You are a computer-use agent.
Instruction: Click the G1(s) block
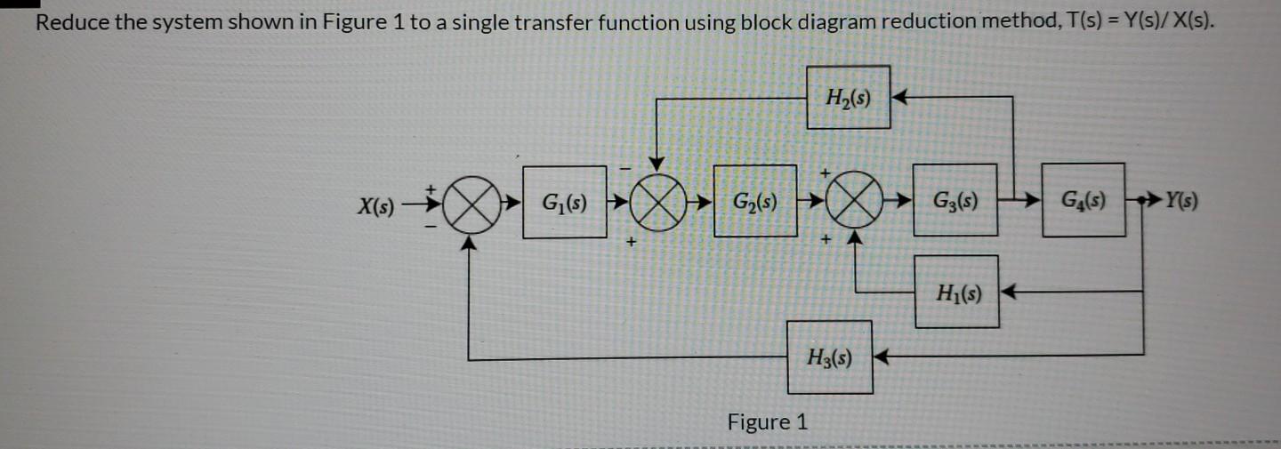564,202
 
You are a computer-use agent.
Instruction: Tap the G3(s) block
955,200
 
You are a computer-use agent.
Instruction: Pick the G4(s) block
1083,200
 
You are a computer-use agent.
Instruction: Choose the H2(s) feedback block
848,97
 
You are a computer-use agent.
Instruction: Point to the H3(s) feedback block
829,357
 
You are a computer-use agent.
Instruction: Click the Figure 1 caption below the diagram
768,421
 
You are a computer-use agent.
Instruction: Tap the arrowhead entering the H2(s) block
898,96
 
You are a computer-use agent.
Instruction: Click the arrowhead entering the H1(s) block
1007,290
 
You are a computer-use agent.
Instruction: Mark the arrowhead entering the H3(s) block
882,357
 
